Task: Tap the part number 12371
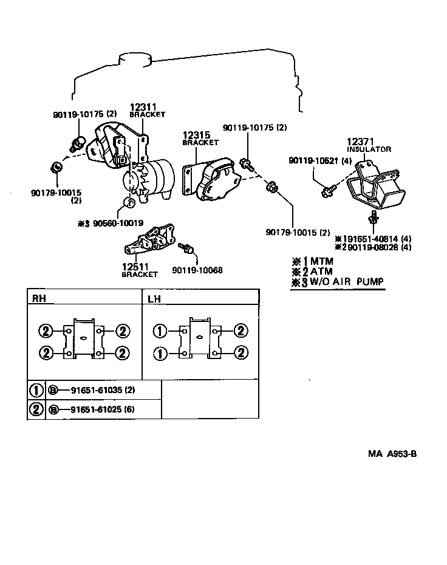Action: pyautogui.click(x=361, y=141)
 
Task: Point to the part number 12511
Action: pyautogui.click(x=135, y=267)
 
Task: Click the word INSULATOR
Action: pyautogui.click(x=369, y=149)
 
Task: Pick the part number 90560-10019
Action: pyautogui.click(x=118, y=223)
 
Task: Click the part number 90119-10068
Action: pyautogui.click(x=197, y=270)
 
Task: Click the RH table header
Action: pyautogui.click(x=38, y=298)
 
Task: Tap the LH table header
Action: pyautogui.click(x=154, y=298)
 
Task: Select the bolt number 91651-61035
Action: pyautogui.click(x=92, y=389)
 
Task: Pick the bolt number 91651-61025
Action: pyautogui.click(x=92, y=409)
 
